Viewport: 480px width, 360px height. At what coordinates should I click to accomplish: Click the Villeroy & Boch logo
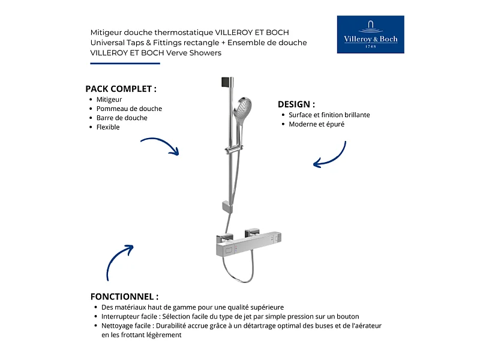point(370,34)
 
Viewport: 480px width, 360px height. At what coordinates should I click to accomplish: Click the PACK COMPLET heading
point(121,88)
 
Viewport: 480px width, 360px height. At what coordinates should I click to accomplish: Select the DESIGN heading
point(296,104)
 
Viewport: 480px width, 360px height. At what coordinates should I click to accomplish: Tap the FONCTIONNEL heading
point(124,296)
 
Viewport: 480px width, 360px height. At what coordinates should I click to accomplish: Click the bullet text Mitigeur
point(109,100)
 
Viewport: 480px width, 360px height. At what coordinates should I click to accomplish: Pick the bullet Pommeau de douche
point(129,109)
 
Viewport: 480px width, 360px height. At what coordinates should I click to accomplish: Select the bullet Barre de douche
point(122,118)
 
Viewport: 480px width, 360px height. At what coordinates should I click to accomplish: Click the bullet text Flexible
point(108,127)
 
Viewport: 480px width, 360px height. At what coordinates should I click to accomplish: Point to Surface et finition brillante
point(329,115)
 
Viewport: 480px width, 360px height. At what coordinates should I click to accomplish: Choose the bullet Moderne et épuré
point(316,124)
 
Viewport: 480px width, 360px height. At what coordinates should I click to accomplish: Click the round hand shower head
point(242,108)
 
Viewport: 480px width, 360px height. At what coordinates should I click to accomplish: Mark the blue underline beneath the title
point(125,63)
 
